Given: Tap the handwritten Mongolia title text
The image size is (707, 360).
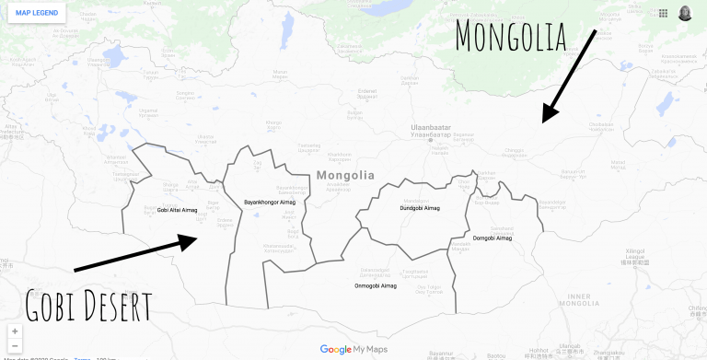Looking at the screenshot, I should coord(522,36).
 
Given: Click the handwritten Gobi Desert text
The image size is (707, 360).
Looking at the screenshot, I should coord(88,305).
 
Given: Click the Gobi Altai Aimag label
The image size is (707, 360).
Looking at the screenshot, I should coord(177,210).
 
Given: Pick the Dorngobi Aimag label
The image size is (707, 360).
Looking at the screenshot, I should coord(492,238).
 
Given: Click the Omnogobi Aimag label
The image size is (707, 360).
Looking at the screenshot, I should coord(376,285).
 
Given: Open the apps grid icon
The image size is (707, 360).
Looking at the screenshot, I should coord(663,13).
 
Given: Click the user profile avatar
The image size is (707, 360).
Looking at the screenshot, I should coord(687,13).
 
